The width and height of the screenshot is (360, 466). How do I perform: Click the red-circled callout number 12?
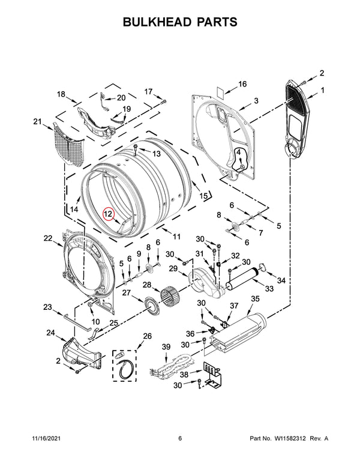pos(108,213)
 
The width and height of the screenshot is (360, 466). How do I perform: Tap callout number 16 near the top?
pos(243,84)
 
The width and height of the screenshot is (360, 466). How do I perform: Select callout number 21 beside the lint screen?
pos(38,123)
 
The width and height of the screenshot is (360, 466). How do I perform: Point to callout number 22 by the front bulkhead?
pos(49,238)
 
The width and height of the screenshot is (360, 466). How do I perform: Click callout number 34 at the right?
pos(281,280)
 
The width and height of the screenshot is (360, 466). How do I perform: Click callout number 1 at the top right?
pos(322,91)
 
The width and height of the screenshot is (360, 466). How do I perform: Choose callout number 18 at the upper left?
pos(61,94)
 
